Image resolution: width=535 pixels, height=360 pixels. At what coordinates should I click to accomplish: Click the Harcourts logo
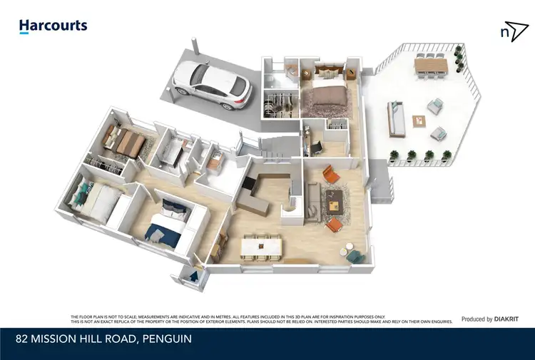click(x=53, y=26)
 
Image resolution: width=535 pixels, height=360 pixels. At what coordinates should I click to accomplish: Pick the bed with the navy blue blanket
click(x=164, y=224)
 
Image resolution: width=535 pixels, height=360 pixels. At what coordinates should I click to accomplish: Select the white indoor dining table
click(x=263, y=247)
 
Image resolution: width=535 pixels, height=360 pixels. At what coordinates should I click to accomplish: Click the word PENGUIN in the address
click(x=168, y=339)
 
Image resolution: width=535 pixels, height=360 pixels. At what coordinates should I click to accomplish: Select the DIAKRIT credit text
click(x=506, y=319)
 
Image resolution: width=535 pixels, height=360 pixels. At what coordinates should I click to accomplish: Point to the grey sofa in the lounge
click(x=312, y=194)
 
